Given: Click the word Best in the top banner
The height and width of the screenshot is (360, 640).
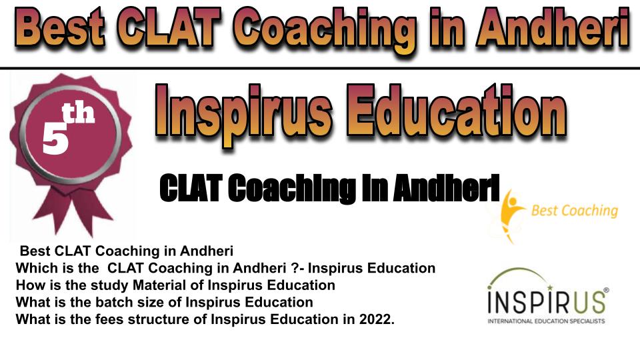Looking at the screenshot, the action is click(x=61, y=29).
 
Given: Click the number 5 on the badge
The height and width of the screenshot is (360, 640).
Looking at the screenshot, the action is click(x=55, y=139).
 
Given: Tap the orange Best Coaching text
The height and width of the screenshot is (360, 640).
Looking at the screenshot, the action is click(x=574, y=211).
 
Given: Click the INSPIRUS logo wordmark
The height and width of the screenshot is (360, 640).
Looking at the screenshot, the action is click(x=547, y=301).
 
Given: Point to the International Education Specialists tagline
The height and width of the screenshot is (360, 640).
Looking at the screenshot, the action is click(x=546, y=321).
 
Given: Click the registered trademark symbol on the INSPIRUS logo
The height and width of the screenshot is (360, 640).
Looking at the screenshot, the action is click(x=606, y=290).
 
